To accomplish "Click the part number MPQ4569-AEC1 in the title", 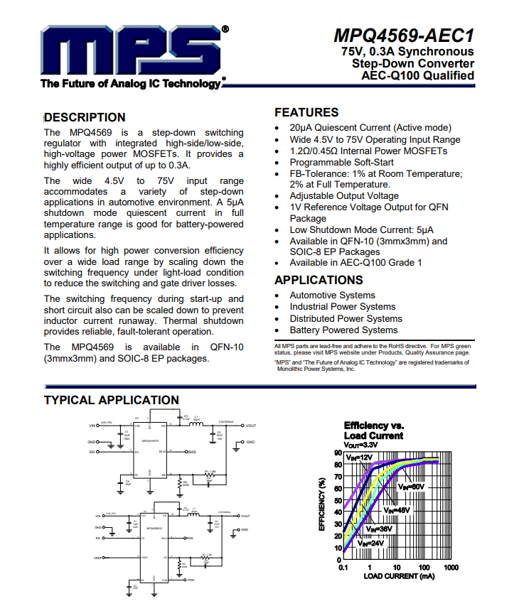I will pyautogui.click(x=404, y=36).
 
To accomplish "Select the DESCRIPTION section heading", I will pyautogui.click(x=85, y=117).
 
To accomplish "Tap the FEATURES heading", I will pyautogui.click(x=306, y=112).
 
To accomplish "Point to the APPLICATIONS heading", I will pyautogui.click(x=319, y=280).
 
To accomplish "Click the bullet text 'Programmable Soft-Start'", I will pyautogui.click(x=341, y=162).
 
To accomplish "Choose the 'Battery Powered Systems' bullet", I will pyautogui.click(x=343, y=330).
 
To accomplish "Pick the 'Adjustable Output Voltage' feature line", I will pyautogui.click(x=344, y=195).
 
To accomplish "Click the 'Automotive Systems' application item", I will pyautogui.click(x=332, y=295).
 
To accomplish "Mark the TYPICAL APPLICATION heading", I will pyautogui.click(x=112, y=400).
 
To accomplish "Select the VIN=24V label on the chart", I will pyautogui.click(x=371, y=543).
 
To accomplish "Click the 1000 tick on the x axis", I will pyautogui.click(x=450, y=568).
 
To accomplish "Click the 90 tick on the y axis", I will pyautogui.click(x=337, y=453).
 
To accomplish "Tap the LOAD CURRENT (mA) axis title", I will pyautogui.click(x=399, y=576).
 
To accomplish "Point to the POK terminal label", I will pyautogui.click(x=191, y=580).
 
